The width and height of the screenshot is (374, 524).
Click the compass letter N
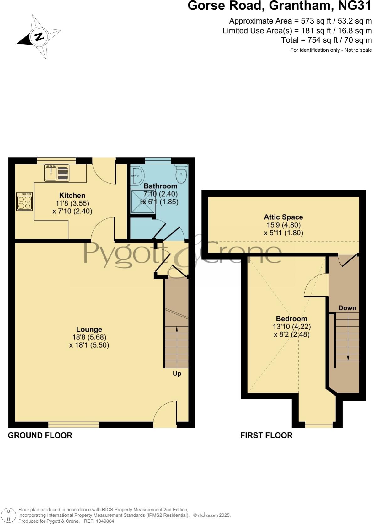39,37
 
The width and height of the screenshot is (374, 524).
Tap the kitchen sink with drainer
57,173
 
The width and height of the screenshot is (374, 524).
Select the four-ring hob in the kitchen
24,202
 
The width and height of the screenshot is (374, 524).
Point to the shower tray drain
143,202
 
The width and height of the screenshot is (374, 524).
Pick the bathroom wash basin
137,176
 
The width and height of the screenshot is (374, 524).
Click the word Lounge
89,329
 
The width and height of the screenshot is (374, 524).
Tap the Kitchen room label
72,196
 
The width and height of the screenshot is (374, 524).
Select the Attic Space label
283,217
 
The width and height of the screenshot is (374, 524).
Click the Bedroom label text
291,319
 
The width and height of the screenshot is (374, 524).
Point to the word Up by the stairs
177,374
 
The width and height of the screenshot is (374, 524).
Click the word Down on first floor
347,308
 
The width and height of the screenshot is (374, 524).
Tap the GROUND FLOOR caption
40,435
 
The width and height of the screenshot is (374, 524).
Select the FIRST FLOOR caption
266,435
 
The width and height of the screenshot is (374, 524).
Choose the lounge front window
74,425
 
